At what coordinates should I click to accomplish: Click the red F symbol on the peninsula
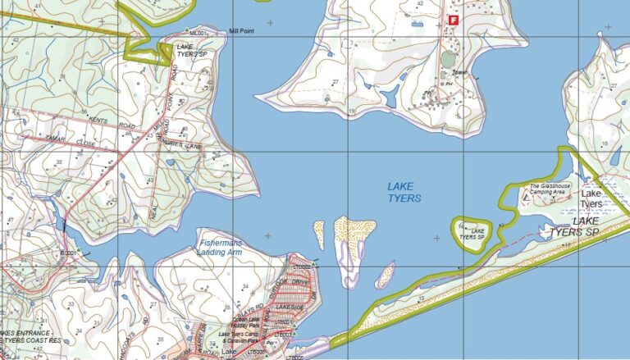click(x=452, y=19)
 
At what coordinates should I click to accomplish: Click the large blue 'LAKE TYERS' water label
click(x=404, y=193)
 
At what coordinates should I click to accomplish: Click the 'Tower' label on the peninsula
click(x=459, y=71)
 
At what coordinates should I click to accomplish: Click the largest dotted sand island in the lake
click(x=354, y=235)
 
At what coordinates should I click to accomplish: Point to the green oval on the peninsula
click(x=447, y=59)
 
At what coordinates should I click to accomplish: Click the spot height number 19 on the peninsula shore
click(x=351, y=111)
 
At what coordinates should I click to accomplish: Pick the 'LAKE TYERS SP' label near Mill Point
click(x=189, y=51)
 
